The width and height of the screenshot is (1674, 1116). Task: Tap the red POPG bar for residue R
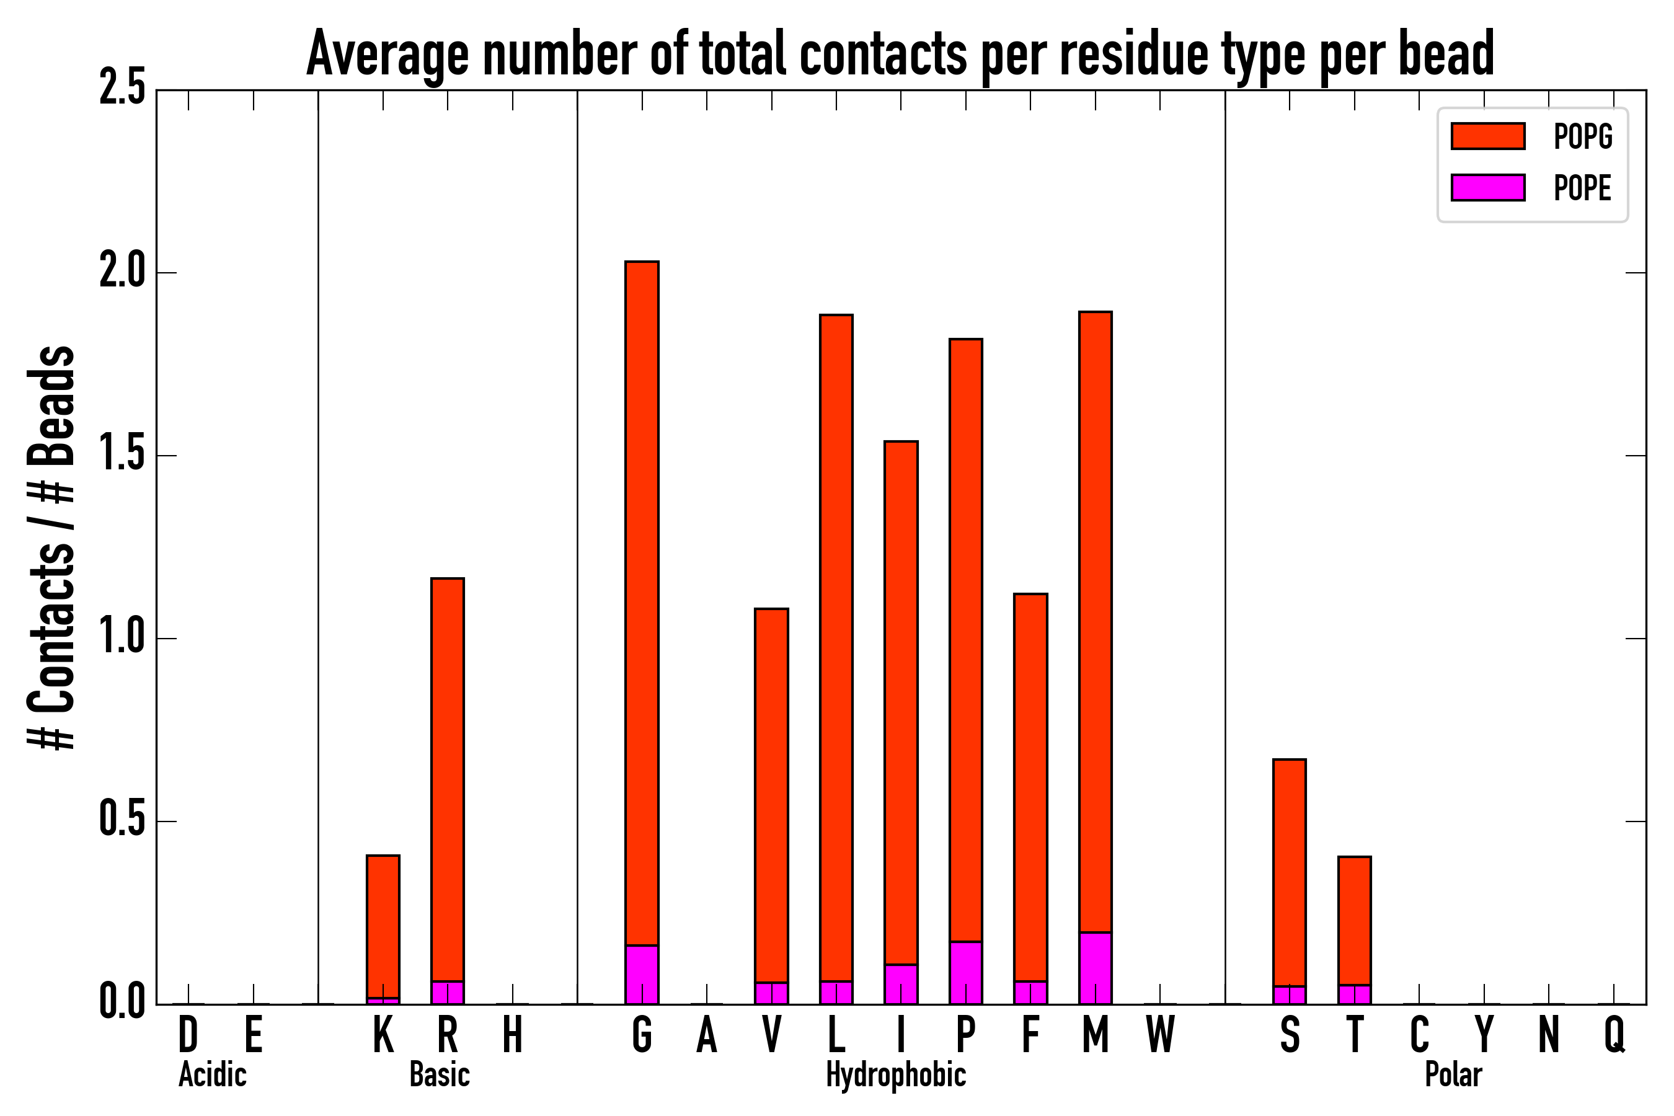tap(447, 779)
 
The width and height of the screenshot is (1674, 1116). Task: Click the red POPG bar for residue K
tap(383, 926)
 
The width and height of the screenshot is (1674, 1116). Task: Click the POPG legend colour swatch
tap(1487, 136)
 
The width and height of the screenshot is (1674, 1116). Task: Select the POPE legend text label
tap(1582, 188)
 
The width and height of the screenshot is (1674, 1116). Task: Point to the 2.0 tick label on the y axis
tap(122, 273)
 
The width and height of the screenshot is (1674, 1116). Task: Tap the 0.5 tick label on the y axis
tap(122, 821)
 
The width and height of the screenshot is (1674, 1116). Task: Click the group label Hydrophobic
tap(895, 1074)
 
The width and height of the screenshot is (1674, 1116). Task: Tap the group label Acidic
tap(212, 1074)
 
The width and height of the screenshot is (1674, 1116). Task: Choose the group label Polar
tap(1453, 1074)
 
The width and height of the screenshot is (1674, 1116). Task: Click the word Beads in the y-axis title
tap(52, 405)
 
